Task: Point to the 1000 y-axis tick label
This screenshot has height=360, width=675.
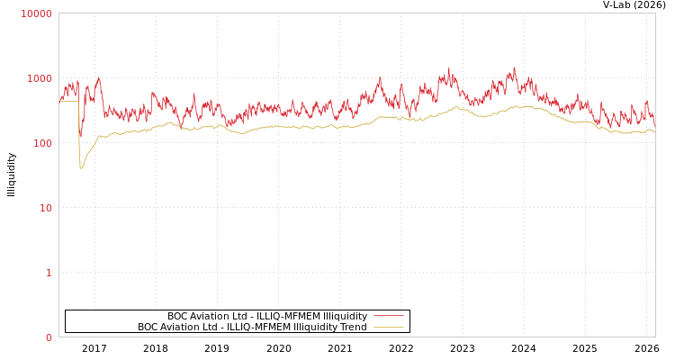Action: (40, 78)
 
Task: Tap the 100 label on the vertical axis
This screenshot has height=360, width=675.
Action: (42, 143)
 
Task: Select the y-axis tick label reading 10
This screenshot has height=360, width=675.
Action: (45, 208)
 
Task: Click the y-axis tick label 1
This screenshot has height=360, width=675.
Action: (49, 273)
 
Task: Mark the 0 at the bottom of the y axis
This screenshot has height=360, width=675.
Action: (49, 337)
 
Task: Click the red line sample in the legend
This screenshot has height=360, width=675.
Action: (388, 316)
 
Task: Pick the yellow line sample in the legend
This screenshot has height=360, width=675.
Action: (388, 327)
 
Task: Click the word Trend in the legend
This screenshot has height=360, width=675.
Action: (351, 327)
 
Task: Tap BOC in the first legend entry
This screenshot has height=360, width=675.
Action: (177, 316)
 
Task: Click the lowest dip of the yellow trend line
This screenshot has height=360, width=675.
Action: (81, 167)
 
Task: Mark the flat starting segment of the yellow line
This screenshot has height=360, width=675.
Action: (68, 101)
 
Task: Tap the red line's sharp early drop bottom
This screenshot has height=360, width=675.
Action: (80, 137)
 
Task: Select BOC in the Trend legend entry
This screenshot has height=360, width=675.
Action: (148, 327)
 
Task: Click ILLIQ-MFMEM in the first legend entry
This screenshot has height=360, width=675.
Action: (291, 316)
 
